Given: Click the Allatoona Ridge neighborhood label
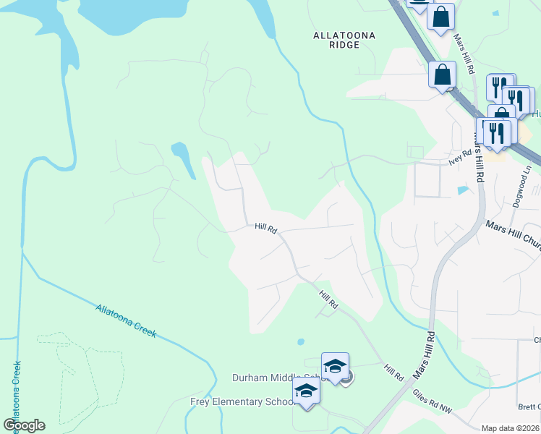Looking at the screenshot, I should [x=336, y=39].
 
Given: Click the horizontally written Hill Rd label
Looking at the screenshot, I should [x=266, y=228].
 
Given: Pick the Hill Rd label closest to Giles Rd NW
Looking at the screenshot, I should [x=394, y=373].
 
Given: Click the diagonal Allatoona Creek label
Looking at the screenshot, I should [x=126, y=320].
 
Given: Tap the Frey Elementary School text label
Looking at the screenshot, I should [x=242, y=401].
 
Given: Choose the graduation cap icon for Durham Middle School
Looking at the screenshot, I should [x=335, y=365].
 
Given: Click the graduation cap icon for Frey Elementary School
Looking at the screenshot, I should [x=306, y=391].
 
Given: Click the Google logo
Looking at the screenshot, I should [x=24, y=425].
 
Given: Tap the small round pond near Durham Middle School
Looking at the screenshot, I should [x=301, y=341].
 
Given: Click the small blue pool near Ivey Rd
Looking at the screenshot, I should [x=462, y=190].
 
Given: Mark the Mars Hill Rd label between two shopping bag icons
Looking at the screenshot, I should [x=463, y=54].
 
